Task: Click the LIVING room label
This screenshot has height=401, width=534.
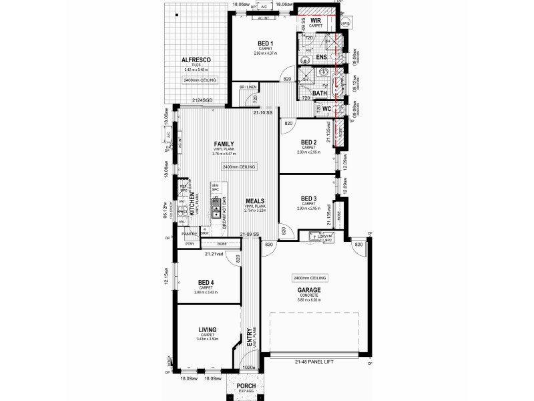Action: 210,330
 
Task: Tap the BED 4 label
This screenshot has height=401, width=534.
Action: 206,283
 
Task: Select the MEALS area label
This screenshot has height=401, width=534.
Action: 256,200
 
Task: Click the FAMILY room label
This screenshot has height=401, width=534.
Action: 224,144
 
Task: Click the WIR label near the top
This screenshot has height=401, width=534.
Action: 316,21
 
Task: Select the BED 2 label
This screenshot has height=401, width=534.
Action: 308,142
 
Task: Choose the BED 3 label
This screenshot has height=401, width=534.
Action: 308,198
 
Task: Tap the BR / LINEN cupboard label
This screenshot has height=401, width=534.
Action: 248,88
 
